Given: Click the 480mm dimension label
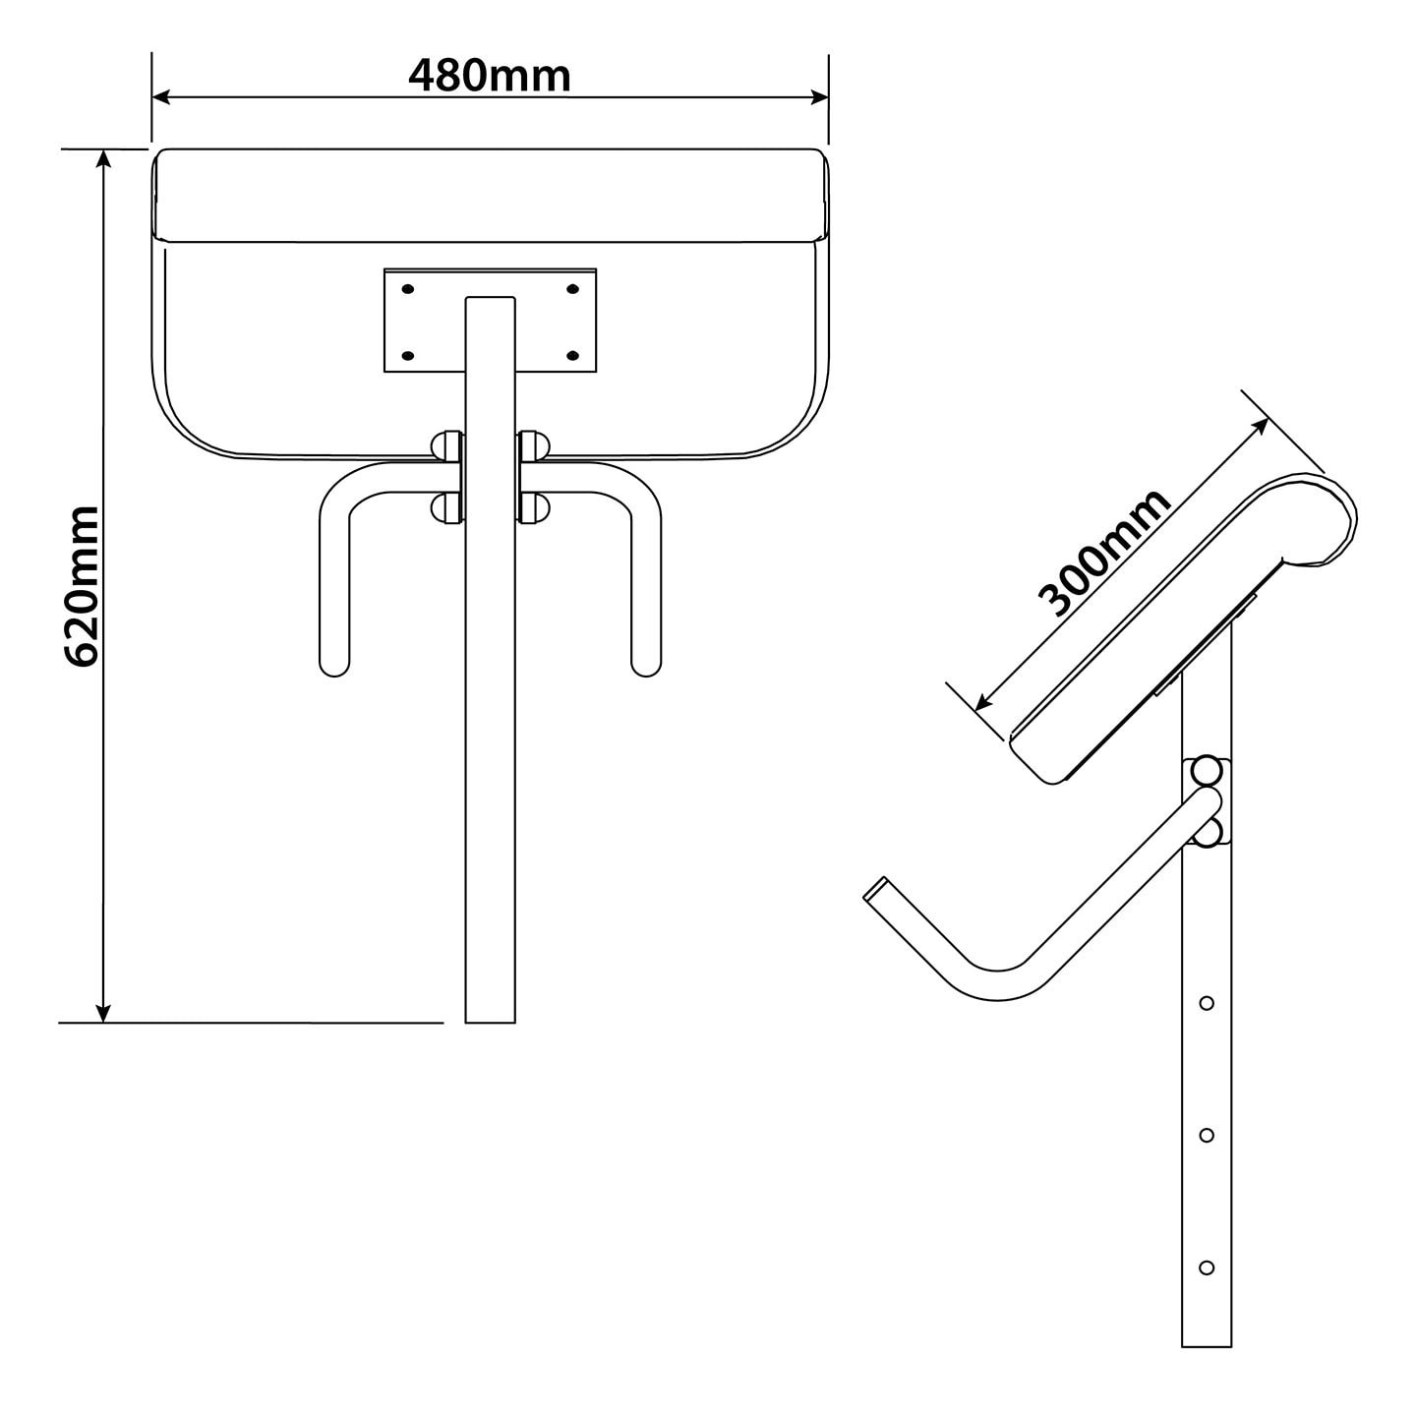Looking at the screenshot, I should coord(489,76).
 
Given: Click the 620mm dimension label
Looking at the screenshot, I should coord(82,586).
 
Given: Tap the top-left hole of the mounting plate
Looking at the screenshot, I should coord(408,289).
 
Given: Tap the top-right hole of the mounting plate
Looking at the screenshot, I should coord(574,289).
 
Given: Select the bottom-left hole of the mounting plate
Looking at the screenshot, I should coord(408,354).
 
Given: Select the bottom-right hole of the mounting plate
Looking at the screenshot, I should coord(574,354).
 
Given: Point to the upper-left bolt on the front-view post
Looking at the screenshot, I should coord(447,444).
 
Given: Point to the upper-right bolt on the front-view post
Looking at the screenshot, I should coord(534,444).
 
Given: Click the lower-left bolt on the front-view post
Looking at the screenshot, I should coord(447,507).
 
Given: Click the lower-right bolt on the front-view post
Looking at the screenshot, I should coord(534,507).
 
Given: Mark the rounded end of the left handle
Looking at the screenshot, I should coord(334,666).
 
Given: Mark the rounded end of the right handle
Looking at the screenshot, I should coord(646,666).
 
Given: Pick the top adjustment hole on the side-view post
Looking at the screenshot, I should coord(1207,1003).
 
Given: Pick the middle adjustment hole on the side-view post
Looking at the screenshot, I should coord(1207,1135).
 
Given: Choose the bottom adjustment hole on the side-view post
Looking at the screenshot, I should coord(1207,1267).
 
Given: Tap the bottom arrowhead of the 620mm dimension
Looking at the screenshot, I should coord(103,1013).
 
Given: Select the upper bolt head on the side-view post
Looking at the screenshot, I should coord(1206,768).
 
